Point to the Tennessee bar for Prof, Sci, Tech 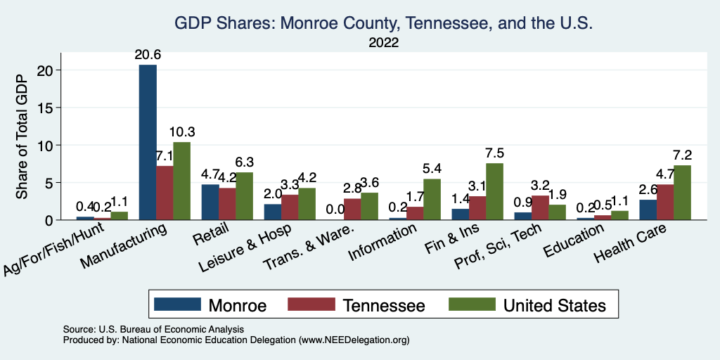click(x=539, y=207)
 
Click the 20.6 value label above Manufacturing click(x=148, y=56)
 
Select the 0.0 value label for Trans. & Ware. click(x=335, y=210)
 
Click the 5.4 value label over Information click(x=431, y=169)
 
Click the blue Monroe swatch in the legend click(x=176, y=305)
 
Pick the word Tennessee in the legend click(x=385, y=305)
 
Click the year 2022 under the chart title click(x=384, y=43)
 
